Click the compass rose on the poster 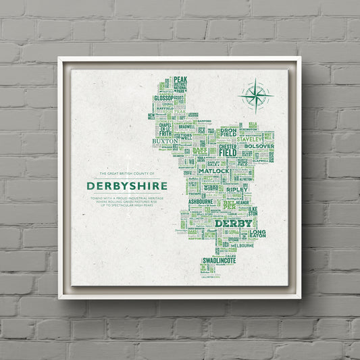pyautogui.click(x=256, y=95)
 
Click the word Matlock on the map pyautogui.click(x=215, y=171)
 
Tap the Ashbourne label pyautogui.click(x=201, y=201)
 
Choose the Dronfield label pyautogui.click(x=228, y=132)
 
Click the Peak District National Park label pyautogui.click(x=180, y=86)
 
